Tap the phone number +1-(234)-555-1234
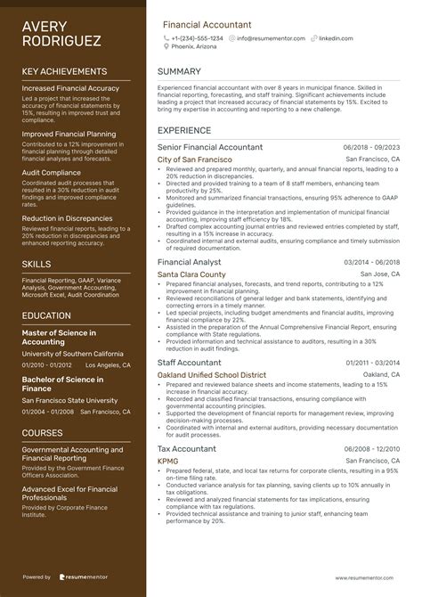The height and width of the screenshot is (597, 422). point(198,39)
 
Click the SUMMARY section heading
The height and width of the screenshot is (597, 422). point(179,71)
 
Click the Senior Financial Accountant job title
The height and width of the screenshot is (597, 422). point(210,147)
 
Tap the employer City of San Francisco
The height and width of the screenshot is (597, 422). point(194,159)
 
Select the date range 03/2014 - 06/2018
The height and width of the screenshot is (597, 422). point(371,263)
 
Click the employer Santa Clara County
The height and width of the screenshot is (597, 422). point(191,275)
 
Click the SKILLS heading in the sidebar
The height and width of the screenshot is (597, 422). point(37,264)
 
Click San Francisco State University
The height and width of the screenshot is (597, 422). point(69,401)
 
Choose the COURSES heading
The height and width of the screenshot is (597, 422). point(44,432)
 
